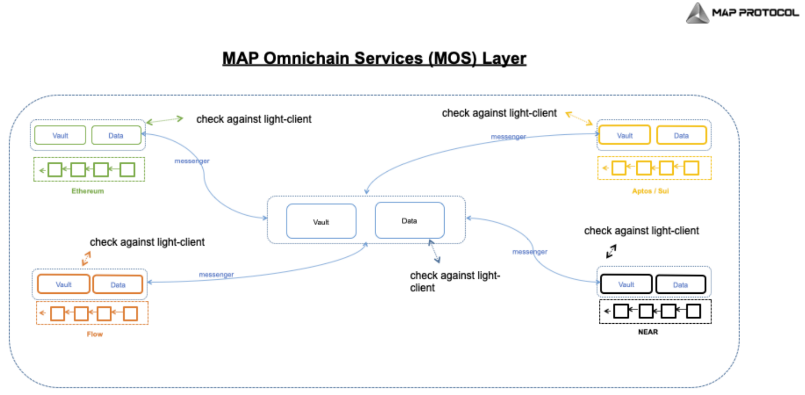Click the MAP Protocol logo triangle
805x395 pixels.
697,13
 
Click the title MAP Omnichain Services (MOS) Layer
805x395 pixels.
374,59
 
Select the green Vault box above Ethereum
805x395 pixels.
60,136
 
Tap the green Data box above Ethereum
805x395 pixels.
116,136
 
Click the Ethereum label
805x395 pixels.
88,191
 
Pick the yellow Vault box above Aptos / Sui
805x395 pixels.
624,135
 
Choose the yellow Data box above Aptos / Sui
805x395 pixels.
681,135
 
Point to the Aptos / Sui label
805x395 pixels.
650,191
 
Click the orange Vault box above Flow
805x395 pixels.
63,284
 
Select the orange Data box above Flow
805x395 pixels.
118,284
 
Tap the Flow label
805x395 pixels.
95,334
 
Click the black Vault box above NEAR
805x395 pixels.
626,284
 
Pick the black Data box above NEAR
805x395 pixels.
680,284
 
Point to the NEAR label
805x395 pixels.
648,332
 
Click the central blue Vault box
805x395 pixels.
321,221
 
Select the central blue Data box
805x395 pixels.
409,221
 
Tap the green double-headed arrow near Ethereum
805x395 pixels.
164,120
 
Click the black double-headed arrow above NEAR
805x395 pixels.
611,251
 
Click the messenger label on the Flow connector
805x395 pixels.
216,275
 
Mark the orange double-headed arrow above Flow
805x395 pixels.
86,258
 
